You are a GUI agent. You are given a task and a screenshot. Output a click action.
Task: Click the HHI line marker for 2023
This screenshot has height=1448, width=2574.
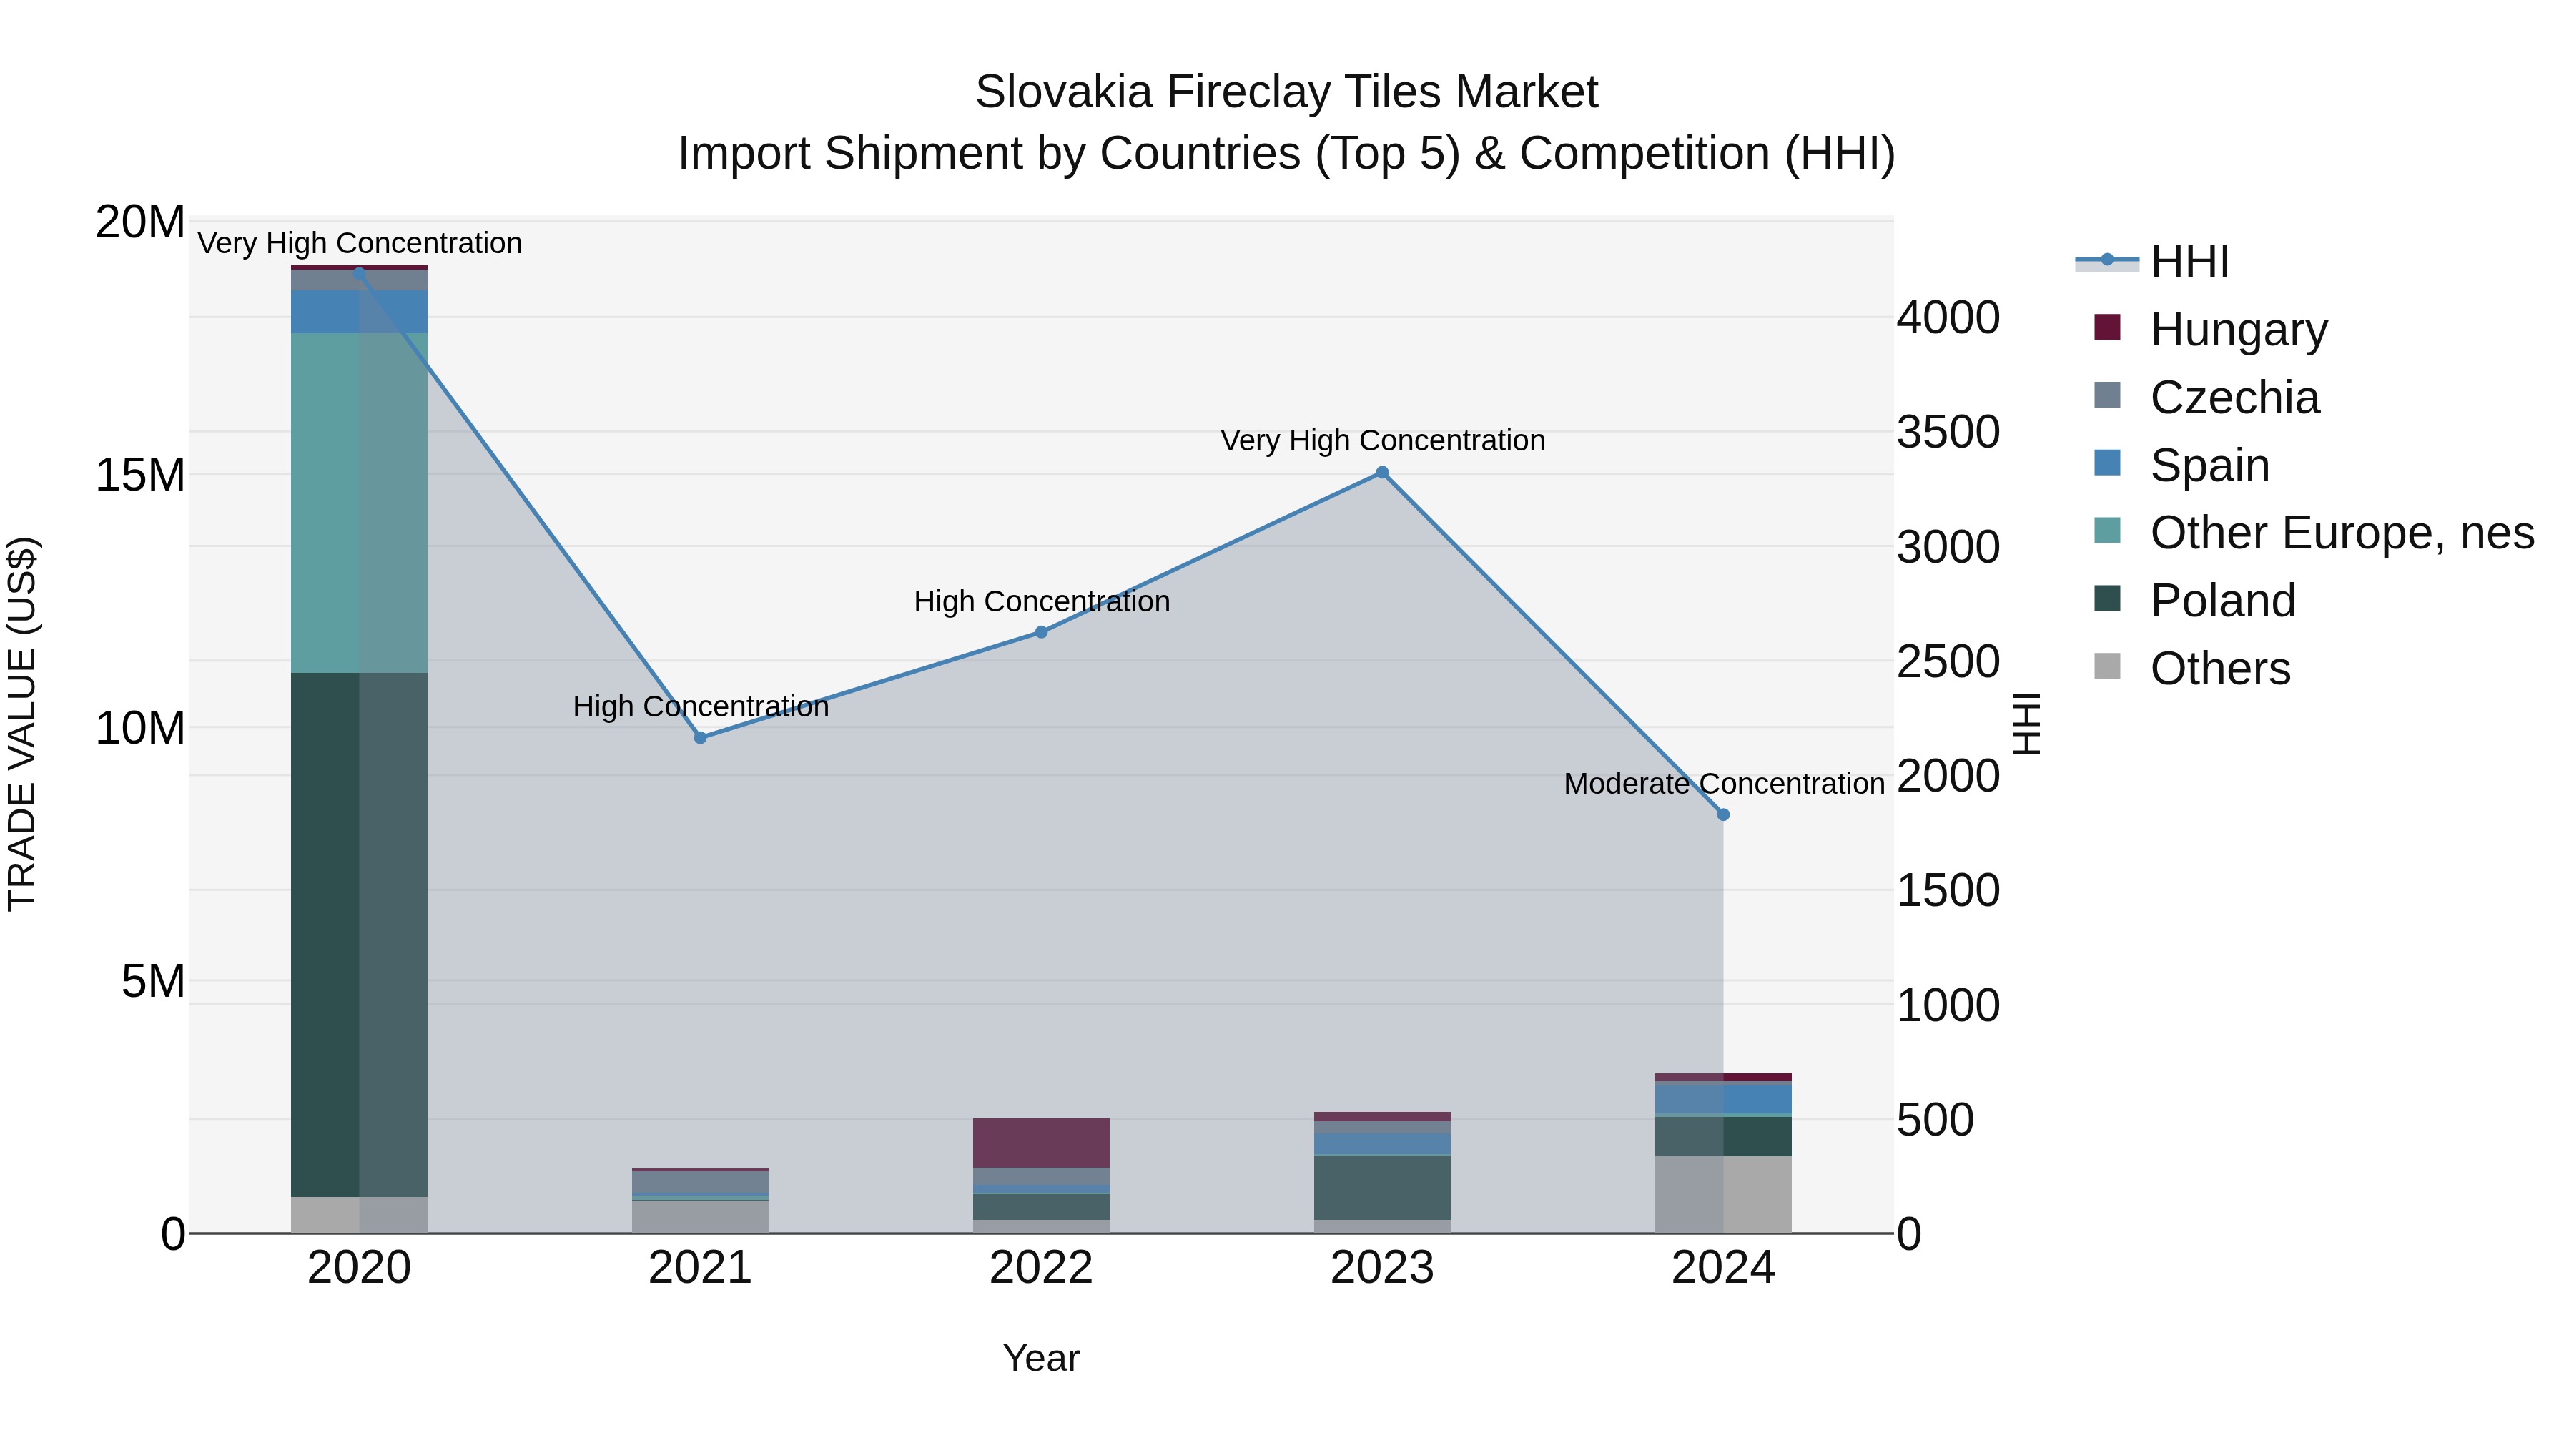(1382, 473)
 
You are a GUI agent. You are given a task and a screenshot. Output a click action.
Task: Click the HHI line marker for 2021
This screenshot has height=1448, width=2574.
(701, 737)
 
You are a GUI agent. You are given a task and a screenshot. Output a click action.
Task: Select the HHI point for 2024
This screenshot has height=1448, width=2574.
(1722, 814)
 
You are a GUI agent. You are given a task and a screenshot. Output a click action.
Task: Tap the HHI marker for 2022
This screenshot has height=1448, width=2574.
(1041, 631)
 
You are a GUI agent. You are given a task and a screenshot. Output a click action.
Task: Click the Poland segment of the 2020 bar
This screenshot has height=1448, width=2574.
(359, 935)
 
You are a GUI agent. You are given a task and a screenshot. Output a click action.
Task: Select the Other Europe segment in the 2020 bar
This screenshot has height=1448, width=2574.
(359, 503)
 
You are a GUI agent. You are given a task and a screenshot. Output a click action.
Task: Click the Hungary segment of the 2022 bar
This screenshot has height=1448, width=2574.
(1041, 1142)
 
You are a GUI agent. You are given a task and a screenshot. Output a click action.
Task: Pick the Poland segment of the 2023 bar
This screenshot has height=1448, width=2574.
(1382, 1187)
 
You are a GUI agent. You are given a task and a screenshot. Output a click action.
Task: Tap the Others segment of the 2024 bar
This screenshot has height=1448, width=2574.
(1722, 1195)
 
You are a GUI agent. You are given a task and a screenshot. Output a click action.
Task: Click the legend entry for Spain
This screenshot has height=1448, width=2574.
(2209, 466)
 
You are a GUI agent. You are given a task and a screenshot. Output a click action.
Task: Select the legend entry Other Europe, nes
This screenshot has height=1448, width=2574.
(2341, 533)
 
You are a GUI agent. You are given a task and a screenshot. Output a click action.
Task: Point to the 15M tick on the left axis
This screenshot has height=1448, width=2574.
(140, 475)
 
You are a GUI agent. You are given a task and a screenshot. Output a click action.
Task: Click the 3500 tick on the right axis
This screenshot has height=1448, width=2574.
(1948, 432)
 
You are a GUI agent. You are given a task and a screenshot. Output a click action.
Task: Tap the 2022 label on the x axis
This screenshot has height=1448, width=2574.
(1041, 1268)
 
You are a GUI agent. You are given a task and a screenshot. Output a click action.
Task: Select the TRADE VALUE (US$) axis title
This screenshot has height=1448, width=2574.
(22, 724)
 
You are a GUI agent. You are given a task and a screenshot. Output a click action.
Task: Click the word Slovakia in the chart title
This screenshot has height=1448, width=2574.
(1063, 92)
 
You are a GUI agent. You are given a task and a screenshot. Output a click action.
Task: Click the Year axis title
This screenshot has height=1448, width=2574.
(1041, 1358)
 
